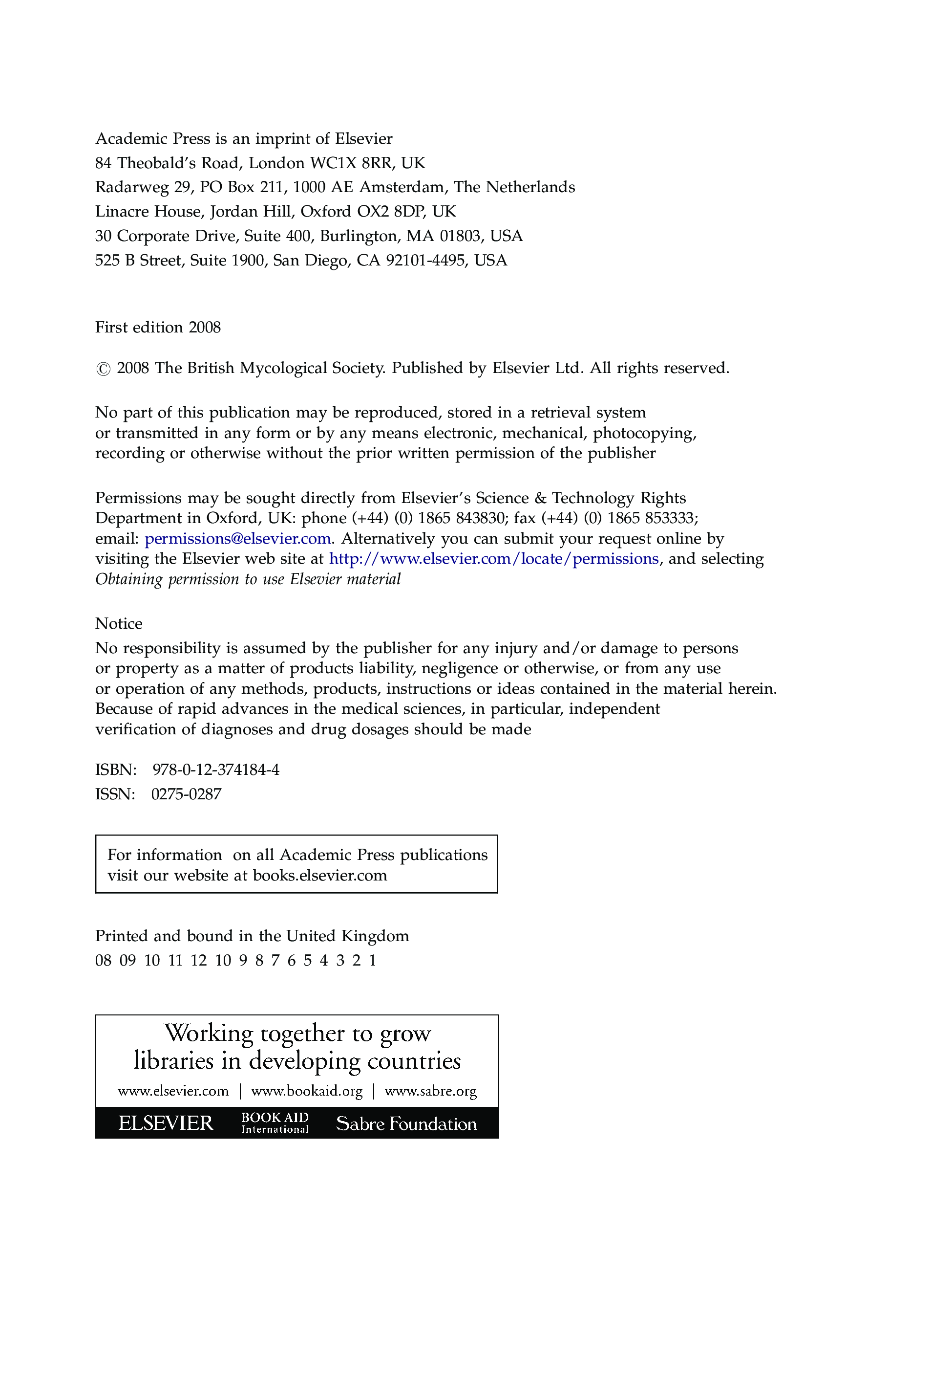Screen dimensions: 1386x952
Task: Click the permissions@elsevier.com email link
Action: coord(237,539)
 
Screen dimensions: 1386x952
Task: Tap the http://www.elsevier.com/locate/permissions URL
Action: coord(494,559)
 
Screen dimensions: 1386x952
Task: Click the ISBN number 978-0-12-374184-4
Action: coord(216,770)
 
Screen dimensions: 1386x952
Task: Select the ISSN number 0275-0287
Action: coord(186,794)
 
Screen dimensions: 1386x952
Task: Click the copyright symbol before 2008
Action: coord(103,370)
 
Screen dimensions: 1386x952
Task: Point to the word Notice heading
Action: coord(119,624)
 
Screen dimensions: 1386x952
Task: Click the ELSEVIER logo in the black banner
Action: coord(165,1123)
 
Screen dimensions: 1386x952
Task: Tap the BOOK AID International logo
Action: coord(275,1123)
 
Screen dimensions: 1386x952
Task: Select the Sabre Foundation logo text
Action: coord(406,1124)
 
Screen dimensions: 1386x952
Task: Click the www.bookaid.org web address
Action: coord(307,1091)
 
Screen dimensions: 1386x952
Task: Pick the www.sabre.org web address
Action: coord(431,1091)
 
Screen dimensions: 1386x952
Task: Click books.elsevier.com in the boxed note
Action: coord(320,876)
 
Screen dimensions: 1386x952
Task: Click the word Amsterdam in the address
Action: coord(402,187)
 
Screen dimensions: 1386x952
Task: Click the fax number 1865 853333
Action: coord(652,518)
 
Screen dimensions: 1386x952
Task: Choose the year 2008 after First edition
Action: coord(205,328)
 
